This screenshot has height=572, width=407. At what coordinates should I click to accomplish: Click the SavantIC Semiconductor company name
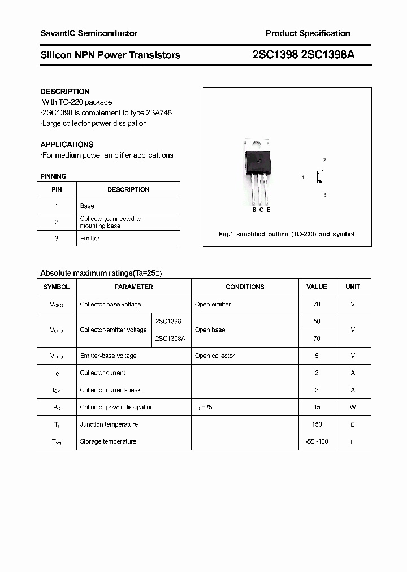click(89, 33)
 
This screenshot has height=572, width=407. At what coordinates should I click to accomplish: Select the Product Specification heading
click(308, 33)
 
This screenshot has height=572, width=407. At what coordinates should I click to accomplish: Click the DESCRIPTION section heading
click(65, 92)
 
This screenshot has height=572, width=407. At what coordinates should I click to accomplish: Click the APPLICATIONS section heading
click(67, 144)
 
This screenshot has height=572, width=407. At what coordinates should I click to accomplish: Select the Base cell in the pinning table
click(87, 206)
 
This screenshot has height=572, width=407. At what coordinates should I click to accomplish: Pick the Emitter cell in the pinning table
click(90, 239)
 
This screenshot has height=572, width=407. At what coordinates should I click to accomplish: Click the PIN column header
click(57, 190)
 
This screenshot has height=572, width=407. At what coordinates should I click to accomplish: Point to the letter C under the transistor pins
click(261, 210)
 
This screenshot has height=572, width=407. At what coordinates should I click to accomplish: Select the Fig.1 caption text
click(287, 234)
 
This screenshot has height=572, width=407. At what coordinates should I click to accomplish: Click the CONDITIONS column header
click(245, 287)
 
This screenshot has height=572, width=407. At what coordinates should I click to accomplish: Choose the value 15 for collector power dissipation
click(317, 408)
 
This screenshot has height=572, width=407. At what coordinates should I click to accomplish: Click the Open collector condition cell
click(215, 356)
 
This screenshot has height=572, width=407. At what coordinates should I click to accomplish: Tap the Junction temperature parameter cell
click(109, 425)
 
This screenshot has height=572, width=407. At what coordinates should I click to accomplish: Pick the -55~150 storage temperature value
click(317, 442)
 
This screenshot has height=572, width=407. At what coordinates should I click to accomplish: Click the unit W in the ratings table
click(353, 408)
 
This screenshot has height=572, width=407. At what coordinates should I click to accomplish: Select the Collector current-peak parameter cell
click(110, 391)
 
